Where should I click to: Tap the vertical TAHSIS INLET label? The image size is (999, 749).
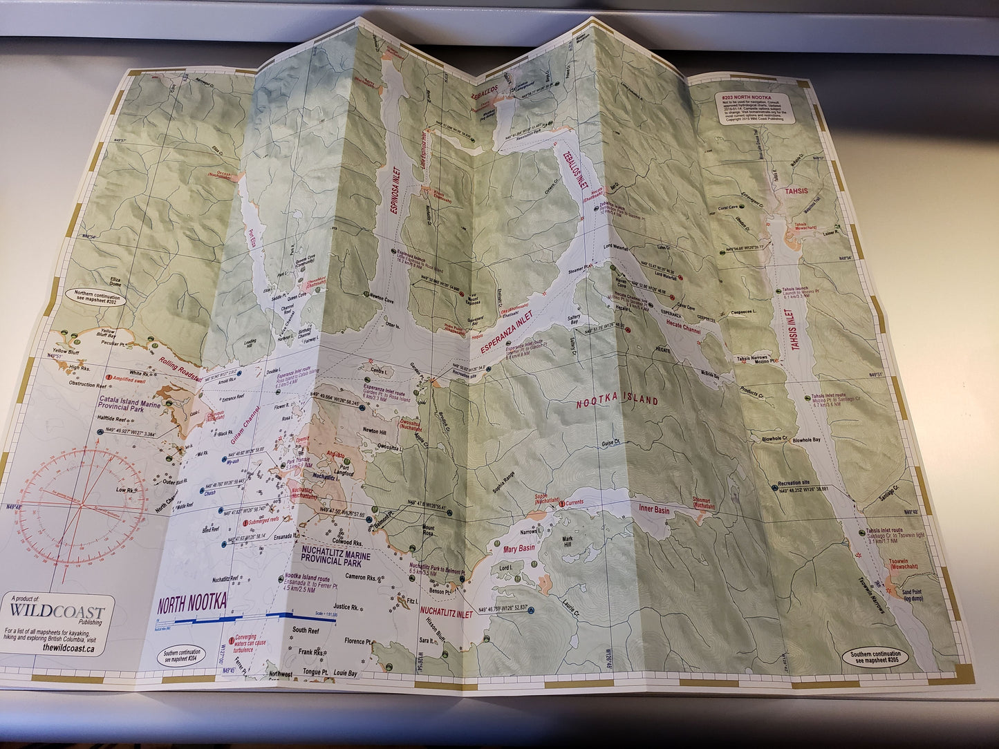(791, 328)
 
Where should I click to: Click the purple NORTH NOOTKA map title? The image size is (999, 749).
(192, 604)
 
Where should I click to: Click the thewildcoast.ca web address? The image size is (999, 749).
(68, 647)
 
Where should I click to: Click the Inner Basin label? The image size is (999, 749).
(653, 509)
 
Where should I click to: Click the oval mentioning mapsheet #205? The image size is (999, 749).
(876, 656)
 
